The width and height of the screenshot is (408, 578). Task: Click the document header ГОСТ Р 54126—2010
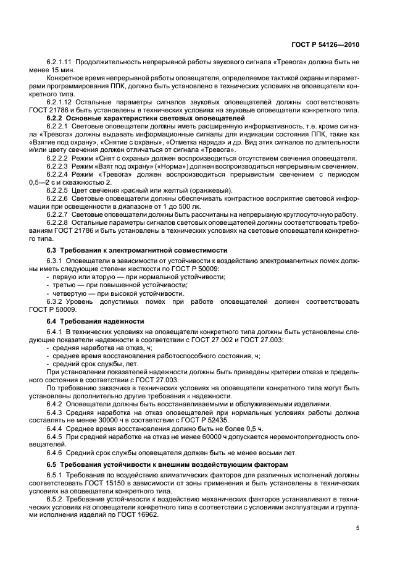[x=326, y=44]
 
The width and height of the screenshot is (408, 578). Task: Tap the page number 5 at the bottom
[x=357, y=528]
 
